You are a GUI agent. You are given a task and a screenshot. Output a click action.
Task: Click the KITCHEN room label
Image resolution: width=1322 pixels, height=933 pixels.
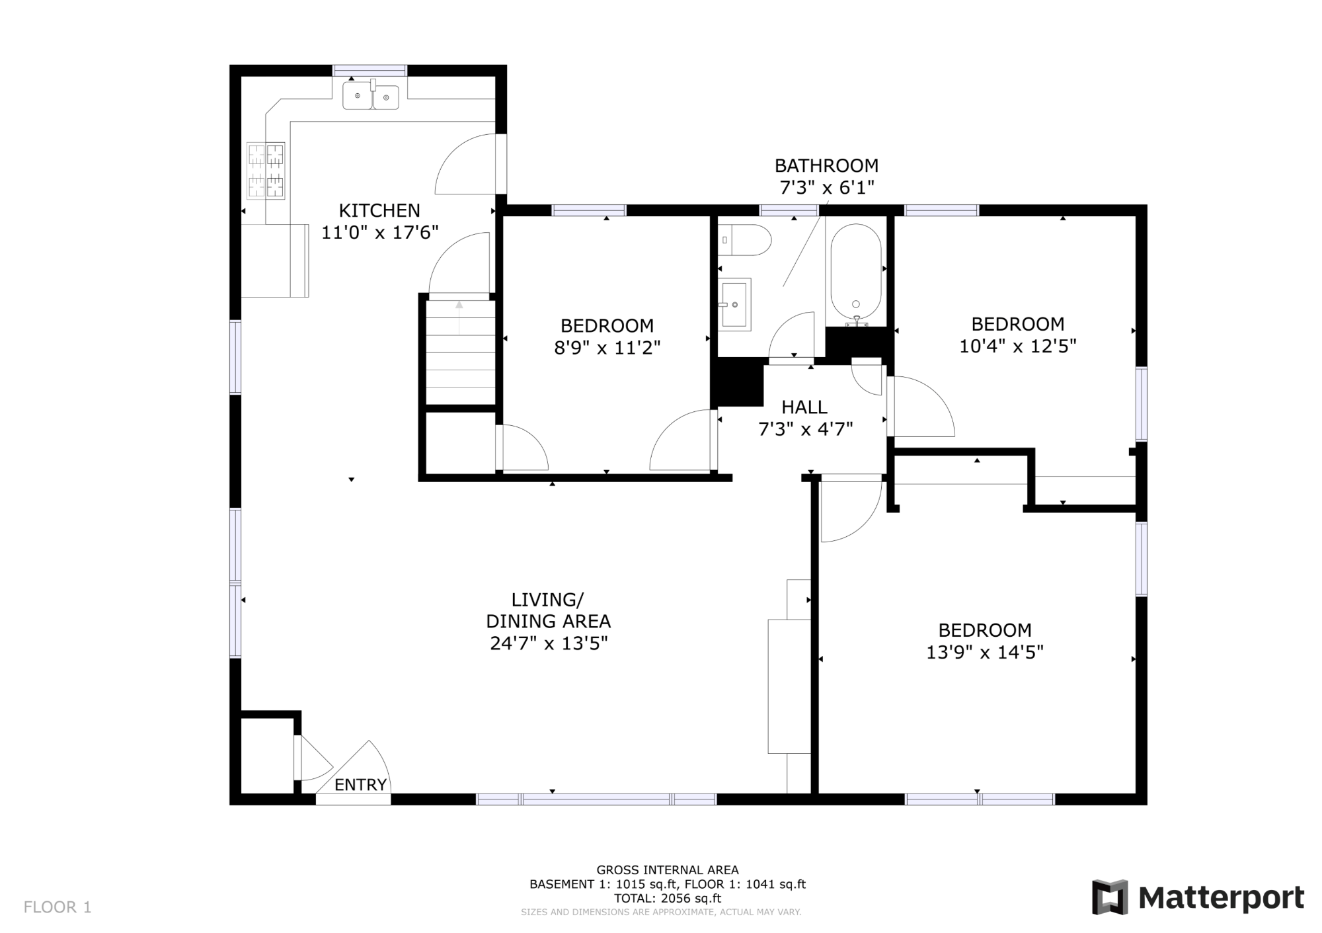click(379, 210)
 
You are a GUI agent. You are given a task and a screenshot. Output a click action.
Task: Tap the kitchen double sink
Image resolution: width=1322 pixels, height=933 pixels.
click(371, 97)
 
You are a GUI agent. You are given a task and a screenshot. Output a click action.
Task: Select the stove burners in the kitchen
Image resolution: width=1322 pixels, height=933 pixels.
click(266, 171)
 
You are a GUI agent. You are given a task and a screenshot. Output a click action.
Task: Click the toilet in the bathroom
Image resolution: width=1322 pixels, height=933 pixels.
click(745, 240)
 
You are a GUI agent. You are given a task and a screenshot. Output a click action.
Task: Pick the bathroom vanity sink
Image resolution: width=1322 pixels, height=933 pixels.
click(734, 304)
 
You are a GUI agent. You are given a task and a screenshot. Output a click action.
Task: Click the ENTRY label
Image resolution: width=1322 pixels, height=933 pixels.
click(360, 785)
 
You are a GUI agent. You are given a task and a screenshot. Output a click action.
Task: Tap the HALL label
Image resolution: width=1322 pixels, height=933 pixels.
click(804, 407)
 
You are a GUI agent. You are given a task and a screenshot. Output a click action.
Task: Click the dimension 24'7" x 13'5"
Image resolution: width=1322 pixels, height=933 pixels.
click(549, 643)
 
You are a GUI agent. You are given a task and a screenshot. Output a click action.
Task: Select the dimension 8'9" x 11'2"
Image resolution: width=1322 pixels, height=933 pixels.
click(607, 347)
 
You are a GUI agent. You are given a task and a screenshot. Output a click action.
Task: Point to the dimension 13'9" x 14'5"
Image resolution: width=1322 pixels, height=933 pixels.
click(985, 653)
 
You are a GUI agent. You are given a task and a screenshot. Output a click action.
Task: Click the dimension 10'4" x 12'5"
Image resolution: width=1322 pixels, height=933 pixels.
click(1018, 346)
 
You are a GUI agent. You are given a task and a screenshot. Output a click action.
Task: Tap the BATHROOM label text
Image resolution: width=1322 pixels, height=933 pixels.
click(827, 165)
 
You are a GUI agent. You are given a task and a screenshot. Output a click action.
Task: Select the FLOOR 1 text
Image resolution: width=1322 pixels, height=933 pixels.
click(58, 907)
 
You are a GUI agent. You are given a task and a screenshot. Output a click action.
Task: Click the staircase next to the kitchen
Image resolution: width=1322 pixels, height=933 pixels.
click(460, 352)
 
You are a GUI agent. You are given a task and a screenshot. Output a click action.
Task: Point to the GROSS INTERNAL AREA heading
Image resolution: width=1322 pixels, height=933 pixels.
click(668, 870)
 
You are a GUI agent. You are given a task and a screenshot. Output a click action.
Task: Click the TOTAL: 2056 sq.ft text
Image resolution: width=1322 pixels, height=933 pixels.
click(668, 898)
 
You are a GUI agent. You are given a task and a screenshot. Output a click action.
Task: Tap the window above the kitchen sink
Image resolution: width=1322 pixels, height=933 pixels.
click(369, 71)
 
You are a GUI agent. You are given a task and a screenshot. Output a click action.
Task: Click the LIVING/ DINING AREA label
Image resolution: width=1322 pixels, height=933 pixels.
click(549, 610)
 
